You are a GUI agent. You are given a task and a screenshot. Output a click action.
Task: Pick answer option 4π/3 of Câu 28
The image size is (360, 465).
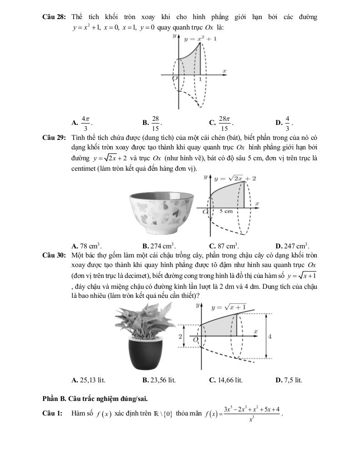click(85, 122)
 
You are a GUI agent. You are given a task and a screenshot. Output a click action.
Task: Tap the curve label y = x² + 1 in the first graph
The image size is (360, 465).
click(200, 39)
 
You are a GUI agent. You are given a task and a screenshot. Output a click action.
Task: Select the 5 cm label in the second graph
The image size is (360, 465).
click(226, 211)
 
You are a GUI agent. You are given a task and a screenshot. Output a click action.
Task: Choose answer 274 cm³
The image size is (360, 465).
click(159, 246)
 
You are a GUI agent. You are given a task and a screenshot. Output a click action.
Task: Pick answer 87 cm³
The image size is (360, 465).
click(226, 246)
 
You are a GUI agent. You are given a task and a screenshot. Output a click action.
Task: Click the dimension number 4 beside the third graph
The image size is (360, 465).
click(270, 336)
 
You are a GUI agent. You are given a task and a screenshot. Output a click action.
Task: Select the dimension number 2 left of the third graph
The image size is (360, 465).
click(180, 336)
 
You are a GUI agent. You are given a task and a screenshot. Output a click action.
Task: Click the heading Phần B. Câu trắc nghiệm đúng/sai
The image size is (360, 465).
click(95, 399)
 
